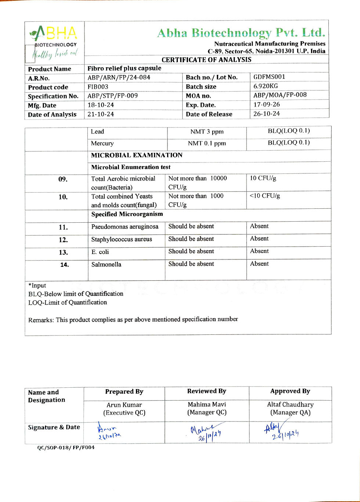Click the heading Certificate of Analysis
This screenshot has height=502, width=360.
(206, 60)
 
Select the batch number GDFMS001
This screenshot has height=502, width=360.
(269, 77)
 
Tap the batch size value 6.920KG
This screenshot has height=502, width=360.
(266, 86)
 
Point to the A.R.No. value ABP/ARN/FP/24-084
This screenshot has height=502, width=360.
(119, 78)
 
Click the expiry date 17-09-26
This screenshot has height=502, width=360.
(267, 104)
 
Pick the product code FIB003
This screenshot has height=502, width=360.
(98, 87)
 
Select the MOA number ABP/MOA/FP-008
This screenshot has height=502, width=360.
(280, 95)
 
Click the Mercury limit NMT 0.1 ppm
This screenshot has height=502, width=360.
(207, 143)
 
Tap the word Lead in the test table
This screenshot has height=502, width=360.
(97, 132)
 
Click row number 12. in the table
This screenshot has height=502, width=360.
(63, 240)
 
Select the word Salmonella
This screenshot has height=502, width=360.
(106, 264)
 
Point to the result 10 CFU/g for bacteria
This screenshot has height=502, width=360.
(263, 178)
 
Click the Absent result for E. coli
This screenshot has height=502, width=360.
(259, 251)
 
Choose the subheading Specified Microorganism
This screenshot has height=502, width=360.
(127, 214)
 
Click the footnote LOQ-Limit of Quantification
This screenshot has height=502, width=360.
(68, 302)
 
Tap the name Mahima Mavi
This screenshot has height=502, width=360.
(207, 404)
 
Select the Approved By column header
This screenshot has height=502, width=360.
(290, 391)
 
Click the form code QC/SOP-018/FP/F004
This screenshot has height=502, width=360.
(66, 448)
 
